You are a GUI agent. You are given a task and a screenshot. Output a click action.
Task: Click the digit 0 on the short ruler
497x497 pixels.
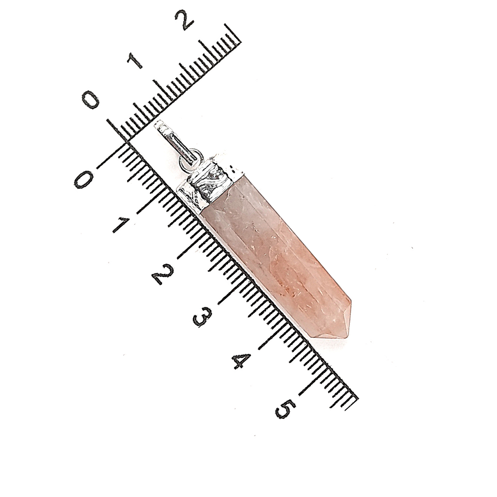91,100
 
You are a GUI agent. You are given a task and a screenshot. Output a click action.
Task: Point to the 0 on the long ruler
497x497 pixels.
83,179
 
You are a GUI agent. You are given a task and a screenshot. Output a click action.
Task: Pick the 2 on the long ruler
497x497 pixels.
162,273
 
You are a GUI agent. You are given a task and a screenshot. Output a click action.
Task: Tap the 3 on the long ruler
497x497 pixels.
203,316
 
